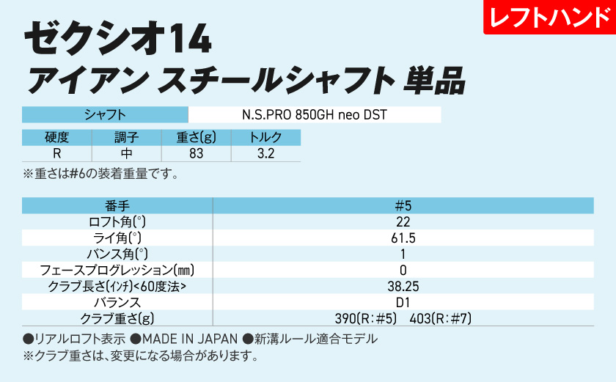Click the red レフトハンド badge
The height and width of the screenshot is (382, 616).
click(549, 18)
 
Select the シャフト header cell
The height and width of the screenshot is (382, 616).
click(106, 115)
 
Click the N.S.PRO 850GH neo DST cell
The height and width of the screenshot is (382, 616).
click(314, 115)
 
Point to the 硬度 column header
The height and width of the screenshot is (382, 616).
click(56, 137)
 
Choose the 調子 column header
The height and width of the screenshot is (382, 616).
click(126, 137)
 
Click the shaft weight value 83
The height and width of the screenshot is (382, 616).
click(196, 154)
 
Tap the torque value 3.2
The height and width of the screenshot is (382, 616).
click(265, 154)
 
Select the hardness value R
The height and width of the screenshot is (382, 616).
click(56, 154)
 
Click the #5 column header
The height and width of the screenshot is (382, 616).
click(403, 205)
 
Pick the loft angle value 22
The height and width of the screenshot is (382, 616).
click(403, 221)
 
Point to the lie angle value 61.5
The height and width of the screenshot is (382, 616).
click(403, 238)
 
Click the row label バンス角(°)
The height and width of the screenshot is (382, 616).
click(117, 254)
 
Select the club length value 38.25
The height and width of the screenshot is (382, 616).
click(403, 286)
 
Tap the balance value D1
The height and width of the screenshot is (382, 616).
click(403, 302)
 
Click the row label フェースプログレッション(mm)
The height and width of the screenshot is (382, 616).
click(117, 270)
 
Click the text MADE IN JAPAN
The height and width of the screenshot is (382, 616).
click(190, 339)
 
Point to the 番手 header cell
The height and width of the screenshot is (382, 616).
click(117, 205)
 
